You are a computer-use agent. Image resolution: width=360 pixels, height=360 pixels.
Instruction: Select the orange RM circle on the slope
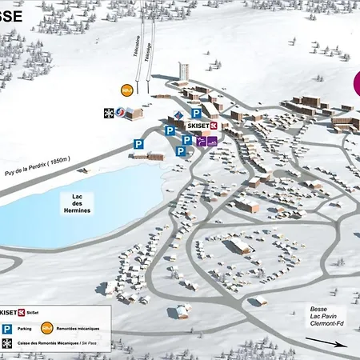pyautogui.click(x=126, y=90)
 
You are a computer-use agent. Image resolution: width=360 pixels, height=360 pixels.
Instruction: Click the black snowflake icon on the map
pyautogui.click(x=109, y=113)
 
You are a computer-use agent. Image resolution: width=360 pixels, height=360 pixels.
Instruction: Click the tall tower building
pyautogui.click(x=183, y=70)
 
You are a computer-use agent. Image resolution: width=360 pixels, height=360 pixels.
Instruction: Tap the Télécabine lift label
pyautogui.click(x=137, y=52)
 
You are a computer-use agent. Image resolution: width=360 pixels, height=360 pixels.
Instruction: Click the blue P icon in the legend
pyautogui.click(x=6, y=328)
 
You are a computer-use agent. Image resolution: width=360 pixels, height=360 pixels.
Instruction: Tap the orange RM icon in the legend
pyautogui.click(x=47, y=327)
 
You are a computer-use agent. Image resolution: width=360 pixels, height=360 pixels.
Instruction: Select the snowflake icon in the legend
pyautogui.click(x=6, y=343)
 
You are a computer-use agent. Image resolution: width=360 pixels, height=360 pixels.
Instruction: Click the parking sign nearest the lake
pyautogui.click(x=138, y=144)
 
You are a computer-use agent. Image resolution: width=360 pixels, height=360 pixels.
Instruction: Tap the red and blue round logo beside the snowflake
pyautogui.click(x=121, y=113)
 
